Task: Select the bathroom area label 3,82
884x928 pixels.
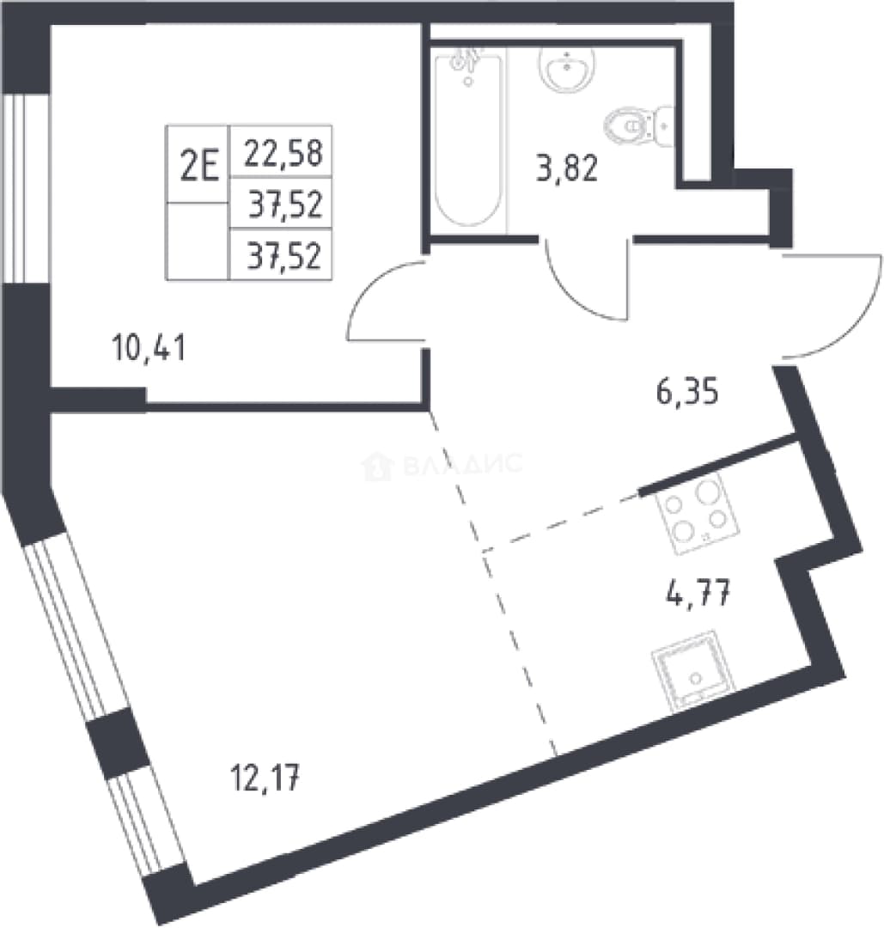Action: point(567,168)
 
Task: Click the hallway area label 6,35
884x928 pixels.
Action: point(687,391)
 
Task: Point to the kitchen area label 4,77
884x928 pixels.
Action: point(698,592)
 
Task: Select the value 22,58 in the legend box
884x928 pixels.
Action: point(283,152)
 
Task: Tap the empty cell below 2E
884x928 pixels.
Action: point(198,241)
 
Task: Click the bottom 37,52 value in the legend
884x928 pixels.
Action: point(285,257)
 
